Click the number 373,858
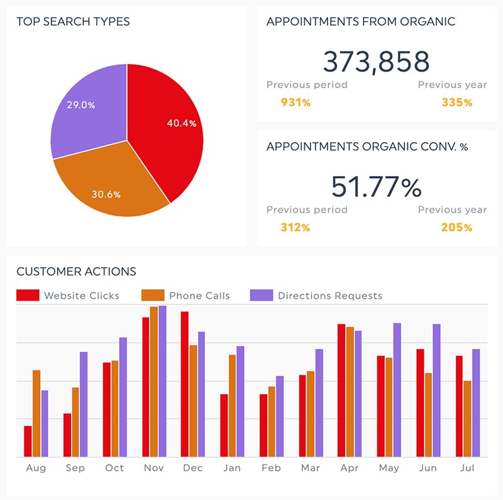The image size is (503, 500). tap(376, 62)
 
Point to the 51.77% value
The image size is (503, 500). tap(376, 187)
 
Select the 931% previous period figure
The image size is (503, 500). tap(296, 102)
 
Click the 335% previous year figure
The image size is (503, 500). tap(456, 102)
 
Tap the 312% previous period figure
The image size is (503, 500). tap(296, 227)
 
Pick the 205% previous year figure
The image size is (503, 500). tap(456, 227)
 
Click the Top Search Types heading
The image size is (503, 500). tap(73, 22)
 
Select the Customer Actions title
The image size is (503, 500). tap(76, 272)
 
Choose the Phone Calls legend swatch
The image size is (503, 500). tap(153, 296)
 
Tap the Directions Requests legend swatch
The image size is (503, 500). tap(262, 296)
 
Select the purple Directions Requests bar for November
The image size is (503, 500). tap(162, 381)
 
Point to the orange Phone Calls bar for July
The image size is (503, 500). tap(467, 418)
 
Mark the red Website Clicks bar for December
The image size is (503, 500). tap(185, 384)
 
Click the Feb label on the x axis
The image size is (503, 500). tap(271, 469)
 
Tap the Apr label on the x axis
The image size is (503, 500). tap(350, 469)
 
